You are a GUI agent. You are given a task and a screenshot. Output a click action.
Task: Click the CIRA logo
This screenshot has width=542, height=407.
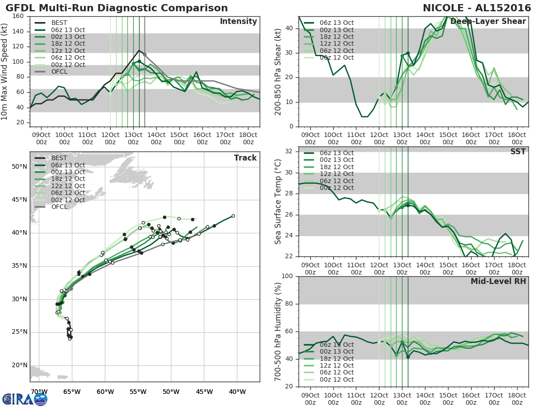[24, 399]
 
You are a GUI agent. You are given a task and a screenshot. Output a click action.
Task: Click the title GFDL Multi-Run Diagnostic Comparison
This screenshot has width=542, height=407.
[117, 8]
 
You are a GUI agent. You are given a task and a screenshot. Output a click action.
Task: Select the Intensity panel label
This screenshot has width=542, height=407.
[238, 22]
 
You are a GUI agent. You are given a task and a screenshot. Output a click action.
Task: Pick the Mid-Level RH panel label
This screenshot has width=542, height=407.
[498, 281]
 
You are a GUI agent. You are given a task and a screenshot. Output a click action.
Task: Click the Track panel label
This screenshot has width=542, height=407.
[245, 158]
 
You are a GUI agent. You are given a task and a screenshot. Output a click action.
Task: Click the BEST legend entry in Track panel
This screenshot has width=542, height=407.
[59, 158]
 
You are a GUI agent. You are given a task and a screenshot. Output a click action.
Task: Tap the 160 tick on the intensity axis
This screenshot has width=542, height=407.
[18, 16]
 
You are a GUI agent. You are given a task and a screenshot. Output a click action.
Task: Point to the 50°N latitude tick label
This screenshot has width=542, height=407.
[19, 166]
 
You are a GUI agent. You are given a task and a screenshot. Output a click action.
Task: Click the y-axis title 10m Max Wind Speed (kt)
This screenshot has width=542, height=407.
[5, 71]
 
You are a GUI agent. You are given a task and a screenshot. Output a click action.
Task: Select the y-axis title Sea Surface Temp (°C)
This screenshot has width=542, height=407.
[278, 201]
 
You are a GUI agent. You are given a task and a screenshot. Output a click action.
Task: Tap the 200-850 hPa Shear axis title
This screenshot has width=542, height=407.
[278, 71]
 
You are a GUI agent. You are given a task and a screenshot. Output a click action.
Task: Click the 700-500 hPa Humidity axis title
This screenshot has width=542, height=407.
[278, 331]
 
